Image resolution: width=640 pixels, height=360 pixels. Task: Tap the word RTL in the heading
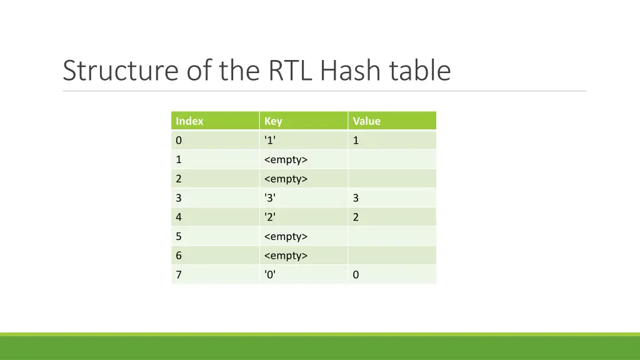tap(291, 71)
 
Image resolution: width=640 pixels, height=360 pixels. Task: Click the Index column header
tap(189, 121)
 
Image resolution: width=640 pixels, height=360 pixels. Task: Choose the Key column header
tap(273, 121)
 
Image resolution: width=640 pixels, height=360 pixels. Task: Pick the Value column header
tap(366, 121)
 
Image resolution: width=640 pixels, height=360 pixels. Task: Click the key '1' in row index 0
tap(271, 141)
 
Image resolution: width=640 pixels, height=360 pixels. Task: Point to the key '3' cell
tap(271, 198)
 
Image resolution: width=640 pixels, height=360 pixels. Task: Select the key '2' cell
tap(271, 217)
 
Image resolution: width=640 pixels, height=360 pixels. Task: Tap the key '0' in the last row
tap(271, 275)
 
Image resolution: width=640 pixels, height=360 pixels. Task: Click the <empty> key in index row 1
tap(286, 160)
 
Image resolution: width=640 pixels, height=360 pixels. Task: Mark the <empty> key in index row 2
tap(286, 179)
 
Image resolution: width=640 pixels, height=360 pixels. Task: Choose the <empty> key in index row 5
tap(286, 237)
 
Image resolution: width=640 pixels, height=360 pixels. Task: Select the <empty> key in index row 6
tap(286, 256)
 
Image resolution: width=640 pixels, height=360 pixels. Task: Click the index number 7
tap(179, 275)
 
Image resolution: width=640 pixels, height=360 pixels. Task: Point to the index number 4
tap(179, 217)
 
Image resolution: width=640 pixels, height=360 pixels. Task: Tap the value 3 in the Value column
tap(356, 198)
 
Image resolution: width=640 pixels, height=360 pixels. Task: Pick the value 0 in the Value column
tap(356, 275)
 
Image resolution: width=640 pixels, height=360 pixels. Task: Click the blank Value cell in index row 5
tap(392, 237)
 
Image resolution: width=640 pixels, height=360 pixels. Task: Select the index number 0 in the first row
tap(179, 141)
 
